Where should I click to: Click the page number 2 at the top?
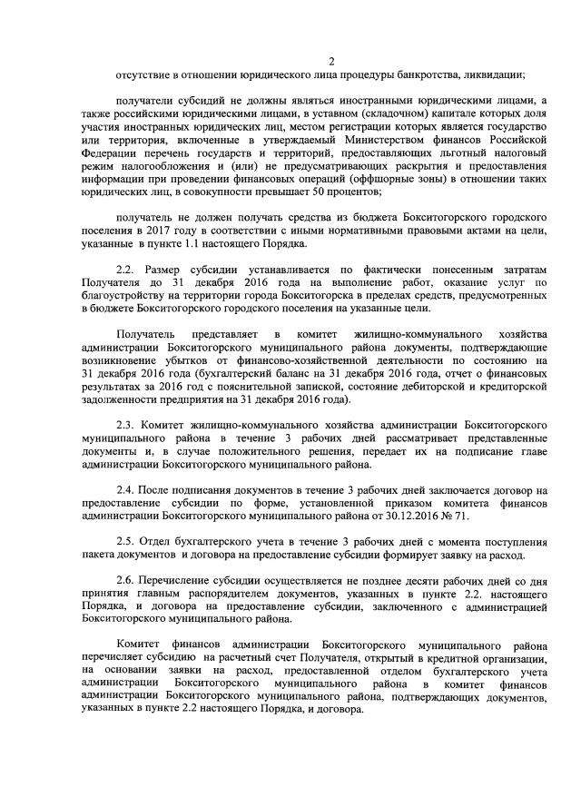click(x=331, y=62)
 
